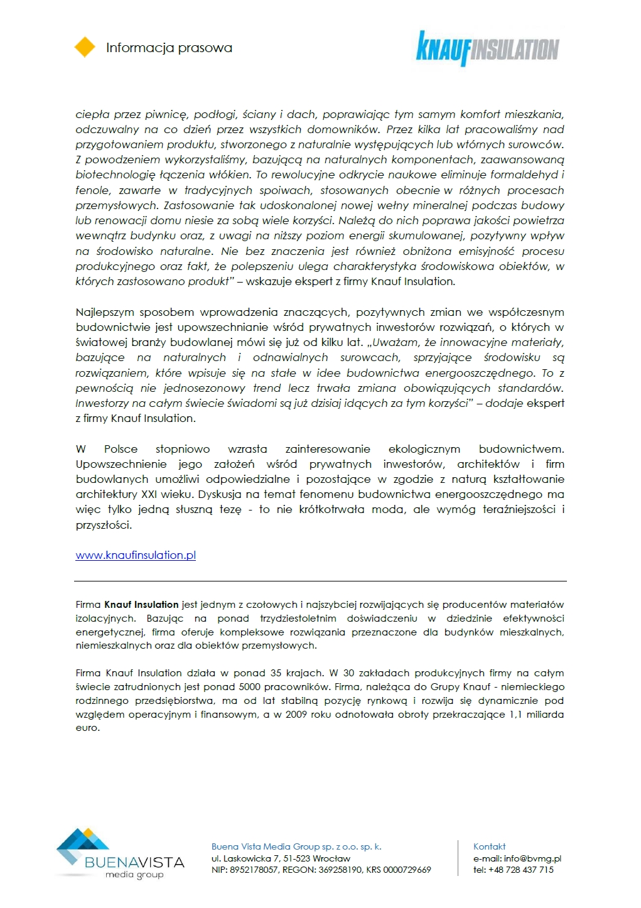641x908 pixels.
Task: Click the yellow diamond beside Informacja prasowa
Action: [85, 47]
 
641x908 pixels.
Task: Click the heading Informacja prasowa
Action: [169, 48]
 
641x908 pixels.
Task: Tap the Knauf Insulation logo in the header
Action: [487, 48]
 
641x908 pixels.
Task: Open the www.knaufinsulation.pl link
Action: [136, 555]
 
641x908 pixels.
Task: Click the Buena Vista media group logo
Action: [119, 854]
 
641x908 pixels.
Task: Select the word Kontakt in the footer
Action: [489, 846]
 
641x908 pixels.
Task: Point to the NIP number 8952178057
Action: [254, 870]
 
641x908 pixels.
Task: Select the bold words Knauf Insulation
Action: [141, 605]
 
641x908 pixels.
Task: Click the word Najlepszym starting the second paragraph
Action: [104, 312]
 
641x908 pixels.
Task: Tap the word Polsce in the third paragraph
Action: [121, 449]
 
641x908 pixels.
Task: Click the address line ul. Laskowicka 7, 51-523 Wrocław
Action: [281, 858]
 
